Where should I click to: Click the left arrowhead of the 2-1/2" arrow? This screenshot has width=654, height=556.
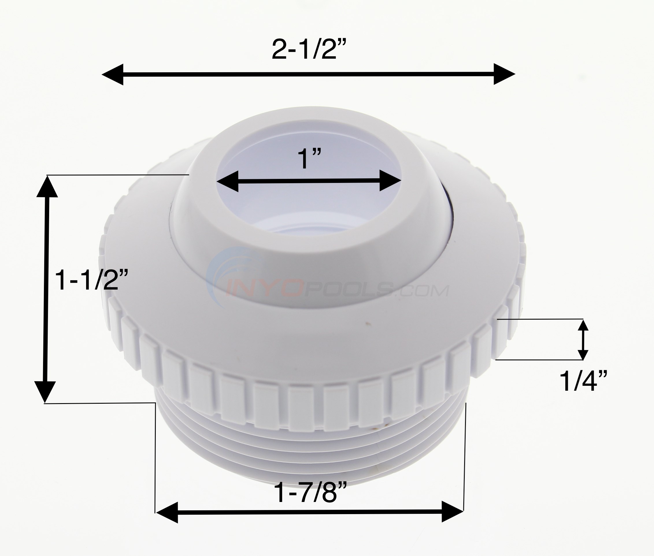point(113,74)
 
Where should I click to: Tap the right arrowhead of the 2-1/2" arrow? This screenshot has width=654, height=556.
point(504,74)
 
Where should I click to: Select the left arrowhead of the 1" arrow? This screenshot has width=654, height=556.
point(227,181)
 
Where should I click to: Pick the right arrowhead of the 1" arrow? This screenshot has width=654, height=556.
point(390,181)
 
